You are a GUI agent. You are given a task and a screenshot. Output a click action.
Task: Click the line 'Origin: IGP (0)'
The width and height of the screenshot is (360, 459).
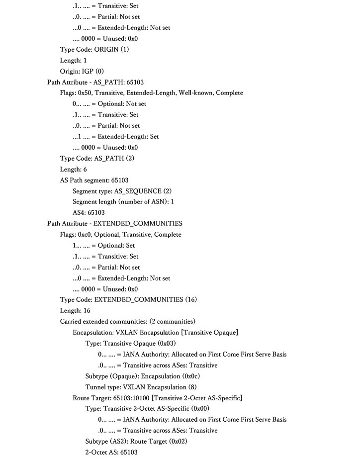82,71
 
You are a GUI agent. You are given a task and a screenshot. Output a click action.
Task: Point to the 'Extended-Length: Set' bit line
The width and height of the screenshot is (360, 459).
115,136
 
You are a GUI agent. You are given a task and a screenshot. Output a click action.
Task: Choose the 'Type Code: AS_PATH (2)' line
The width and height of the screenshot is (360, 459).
97,158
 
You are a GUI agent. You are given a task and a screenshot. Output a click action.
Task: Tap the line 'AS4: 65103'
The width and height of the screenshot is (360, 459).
89,212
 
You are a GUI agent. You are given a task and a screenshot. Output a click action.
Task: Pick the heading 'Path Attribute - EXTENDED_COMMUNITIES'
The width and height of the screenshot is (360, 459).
114,223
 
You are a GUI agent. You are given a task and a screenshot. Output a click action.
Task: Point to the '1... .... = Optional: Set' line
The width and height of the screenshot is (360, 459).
103,245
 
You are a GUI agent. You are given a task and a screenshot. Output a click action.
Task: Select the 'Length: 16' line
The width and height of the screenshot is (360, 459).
75,310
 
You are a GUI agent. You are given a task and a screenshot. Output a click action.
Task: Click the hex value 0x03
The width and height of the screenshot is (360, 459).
166,343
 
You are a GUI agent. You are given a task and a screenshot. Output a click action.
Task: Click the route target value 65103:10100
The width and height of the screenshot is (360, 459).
131,397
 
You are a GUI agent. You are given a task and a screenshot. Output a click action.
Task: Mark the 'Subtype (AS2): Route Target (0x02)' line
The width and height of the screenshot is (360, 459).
144,441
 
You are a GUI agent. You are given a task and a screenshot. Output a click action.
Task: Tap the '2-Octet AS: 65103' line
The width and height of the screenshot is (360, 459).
111,452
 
